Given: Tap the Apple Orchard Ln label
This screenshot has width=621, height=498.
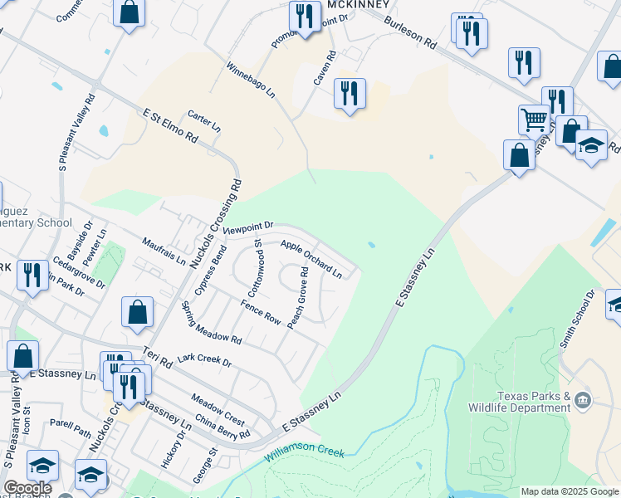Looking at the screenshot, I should pos(311,258).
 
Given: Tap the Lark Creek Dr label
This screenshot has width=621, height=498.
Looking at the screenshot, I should pos(203,360).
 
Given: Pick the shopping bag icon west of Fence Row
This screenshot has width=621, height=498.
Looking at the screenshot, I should pos(137,312).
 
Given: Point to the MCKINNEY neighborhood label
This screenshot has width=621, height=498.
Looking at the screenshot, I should pos(358,4).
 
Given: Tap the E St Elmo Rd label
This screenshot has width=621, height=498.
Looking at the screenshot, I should pos(170,125).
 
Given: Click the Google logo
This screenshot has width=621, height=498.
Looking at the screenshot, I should pos(27,488).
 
